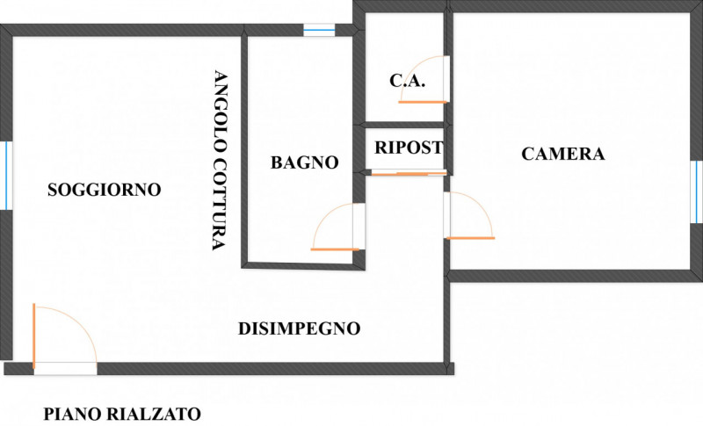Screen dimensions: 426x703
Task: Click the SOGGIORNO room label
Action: point(105,189)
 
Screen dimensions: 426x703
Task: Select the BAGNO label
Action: point(304,162)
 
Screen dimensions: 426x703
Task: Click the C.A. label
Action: point(407,81)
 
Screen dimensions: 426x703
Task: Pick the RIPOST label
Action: point(408,148)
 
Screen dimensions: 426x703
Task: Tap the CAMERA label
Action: point(563,155)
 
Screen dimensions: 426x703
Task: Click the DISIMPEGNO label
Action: point(300,329)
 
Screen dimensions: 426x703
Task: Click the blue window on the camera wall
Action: point(697,185)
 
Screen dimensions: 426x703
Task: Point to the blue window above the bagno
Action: point(319,30)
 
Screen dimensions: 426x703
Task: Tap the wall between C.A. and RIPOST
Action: point(403,125)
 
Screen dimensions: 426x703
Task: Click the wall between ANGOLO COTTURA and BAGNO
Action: point(244,149)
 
